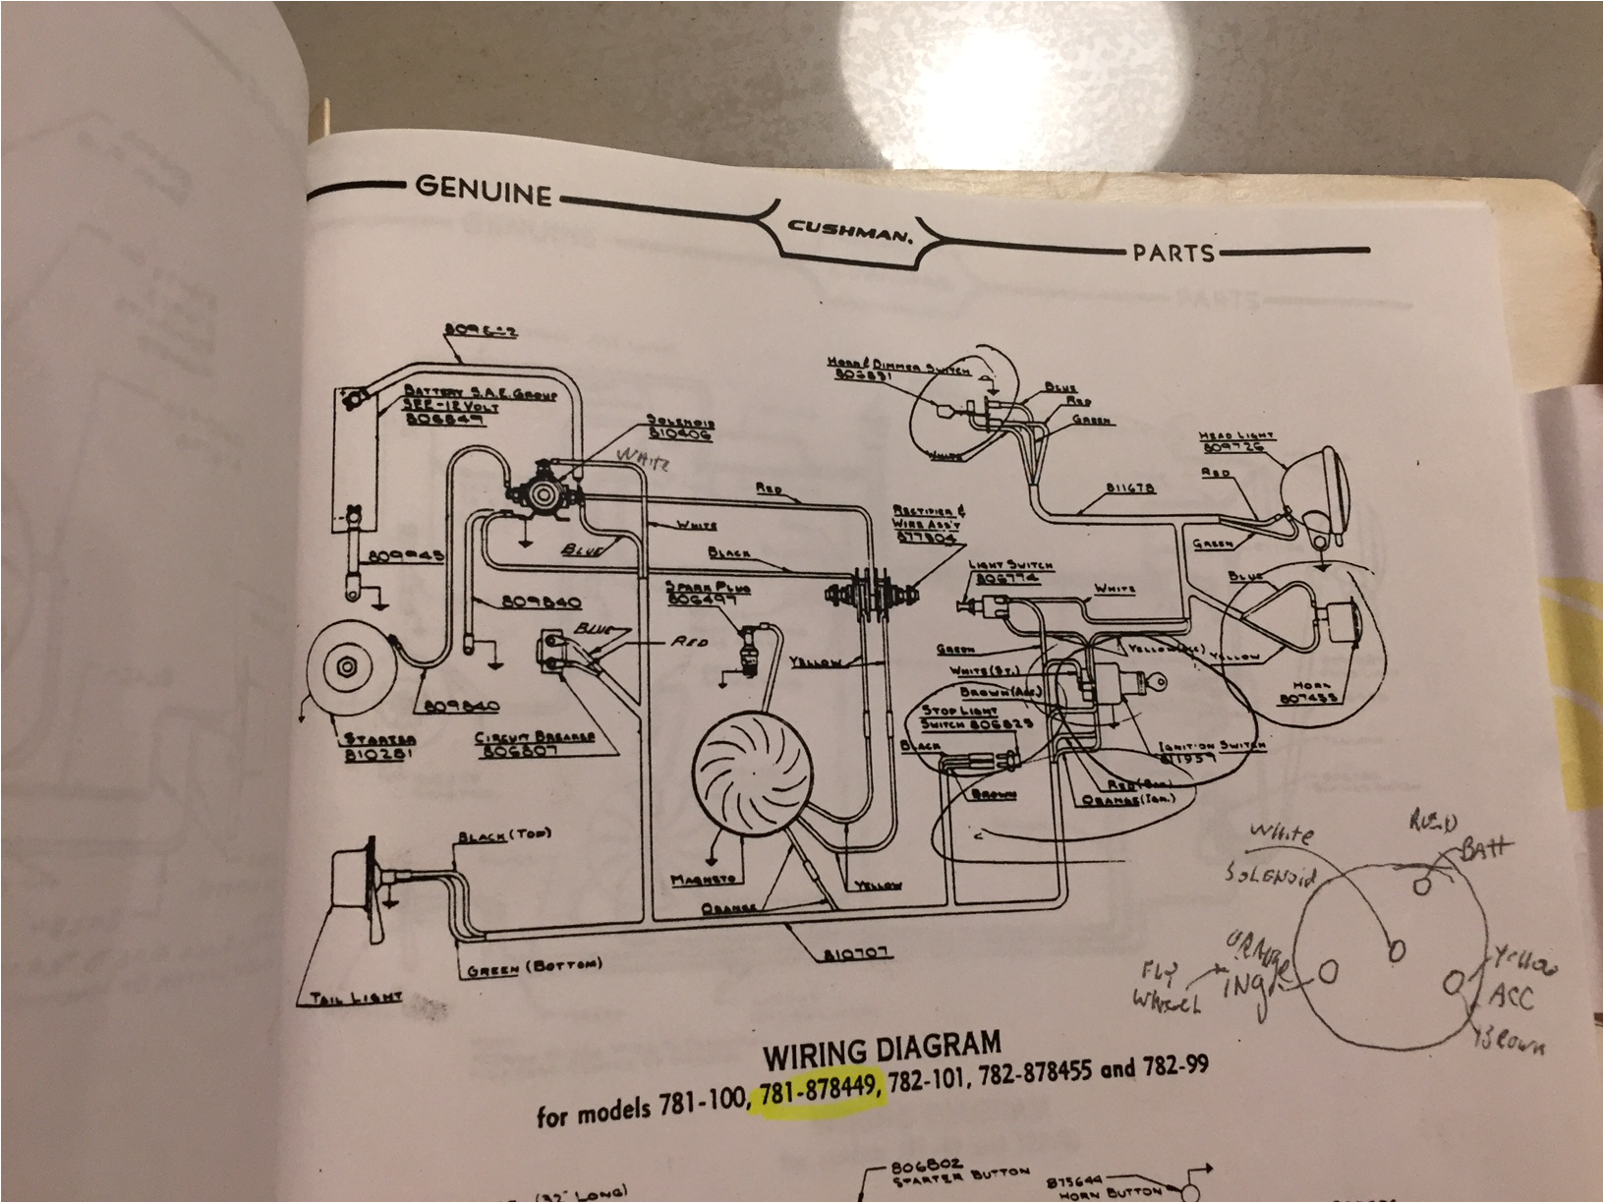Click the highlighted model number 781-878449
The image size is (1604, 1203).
(819, 1093)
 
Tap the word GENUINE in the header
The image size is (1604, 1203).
(483, 190)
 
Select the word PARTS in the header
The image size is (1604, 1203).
(1174, 253)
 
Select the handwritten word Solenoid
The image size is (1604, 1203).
(1268, 873)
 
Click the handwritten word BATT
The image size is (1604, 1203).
(1485, 847)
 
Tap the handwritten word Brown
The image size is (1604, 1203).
(1513, 1040)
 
